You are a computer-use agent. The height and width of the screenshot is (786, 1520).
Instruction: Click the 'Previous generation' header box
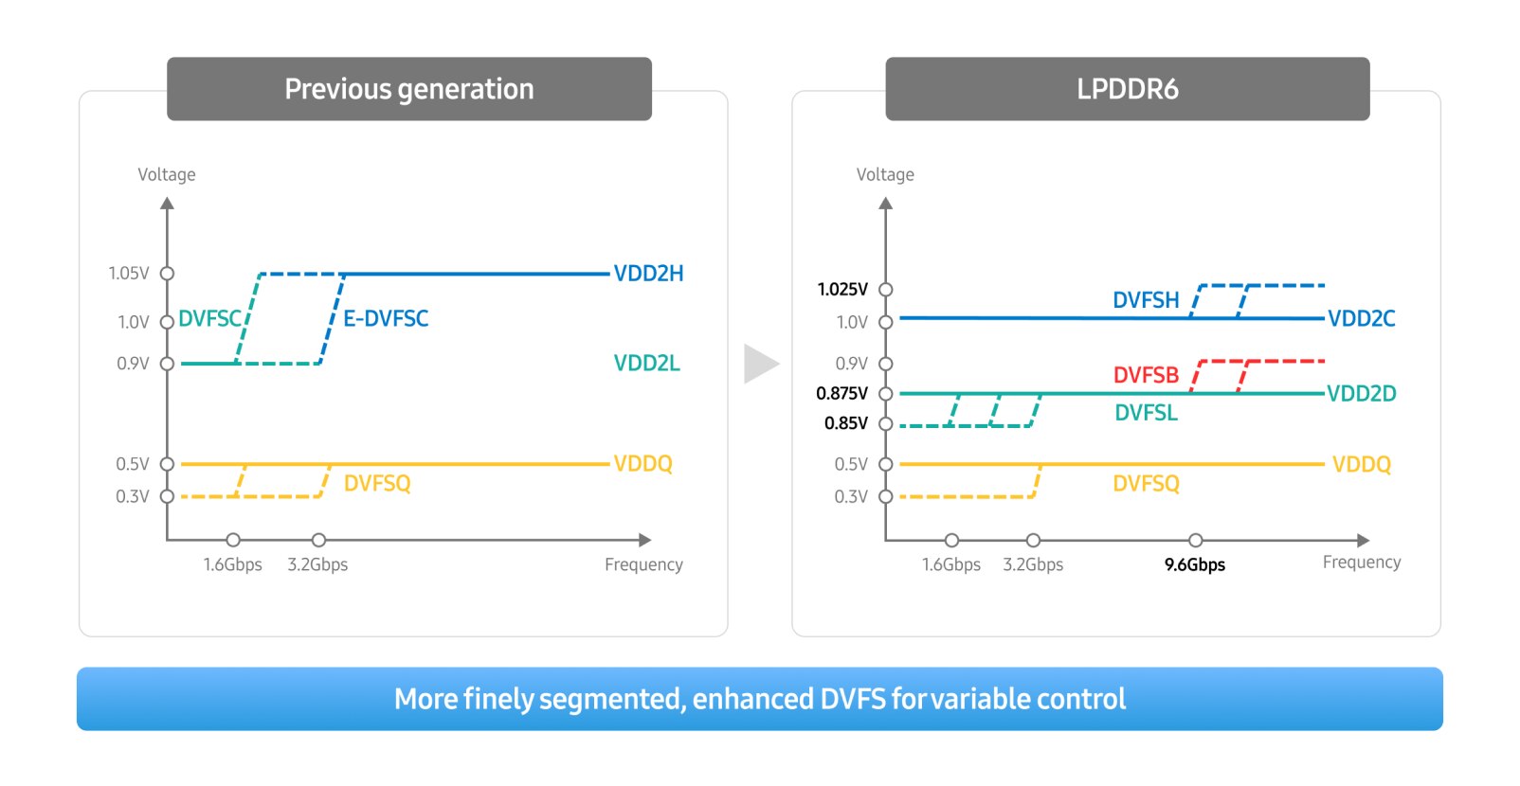pos(409,89)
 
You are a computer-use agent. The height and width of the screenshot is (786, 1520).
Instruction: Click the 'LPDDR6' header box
pos(1127,89)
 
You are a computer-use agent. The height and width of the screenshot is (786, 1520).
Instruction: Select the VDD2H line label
pos(648,274)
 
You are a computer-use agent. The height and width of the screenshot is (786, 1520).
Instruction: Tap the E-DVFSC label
pos(386,318)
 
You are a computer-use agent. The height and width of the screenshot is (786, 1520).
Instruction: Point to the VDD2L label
pos(646,363)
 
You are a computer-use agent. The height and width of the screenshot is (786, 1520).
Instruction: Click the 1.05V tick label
pos(129,274)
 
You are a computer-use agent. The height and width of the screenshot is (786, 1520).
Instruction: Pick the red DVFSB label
pos(1146,375)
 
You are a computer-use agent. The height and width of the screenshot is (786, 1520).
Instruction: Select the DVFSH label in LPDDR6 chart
pos(1146,300)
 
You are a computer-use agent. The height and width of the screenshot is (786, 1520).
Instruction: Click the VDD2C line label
pos(1361,318)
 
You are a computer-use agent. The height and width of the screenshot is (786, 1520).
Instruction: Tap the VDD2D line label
pos(1361,393)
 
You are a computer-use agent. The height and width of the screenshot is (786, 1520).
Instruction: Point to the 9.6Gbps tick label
pos(1194,564)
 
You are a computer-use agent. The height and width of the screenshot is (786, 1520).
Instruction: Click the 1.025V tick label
pos(842,289)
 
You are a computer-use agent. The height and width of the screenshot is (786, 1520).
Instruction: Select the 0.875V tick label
pos(841,393)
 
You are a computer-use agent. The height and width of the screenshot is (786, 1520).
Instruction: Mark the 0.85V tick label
pos(845,423)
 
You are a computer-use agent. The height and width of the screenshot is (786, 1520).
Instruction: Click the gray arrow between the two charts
pos(760,364)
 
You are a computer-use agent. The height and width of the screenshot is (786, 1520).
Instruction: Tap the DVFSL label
pos(1146,413)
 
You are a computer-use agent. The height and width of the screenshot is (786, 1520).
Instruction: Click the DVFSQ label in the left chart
pos(377,484)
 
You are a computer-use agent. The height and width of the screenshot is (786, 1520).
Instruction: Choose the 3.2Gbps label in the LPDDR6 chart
pos(1033,564)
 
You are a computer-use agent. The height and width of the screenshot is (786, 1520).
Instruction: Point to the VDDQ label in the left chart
pos(642,464)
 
